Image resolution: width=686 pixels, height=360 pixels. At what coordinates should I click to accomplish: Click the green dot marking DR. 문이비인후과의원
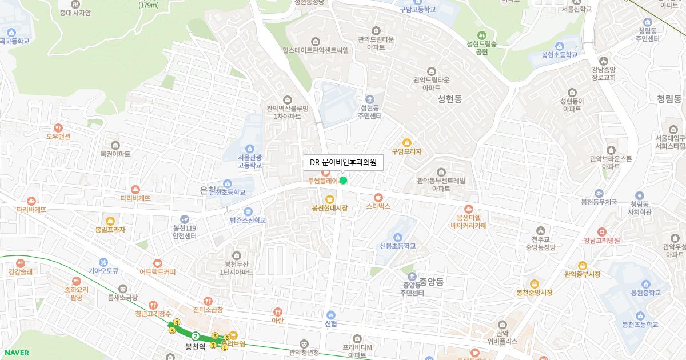343,181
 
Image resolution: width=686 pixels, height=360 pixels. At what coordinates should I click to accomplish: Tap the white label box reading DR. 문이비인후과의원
343,163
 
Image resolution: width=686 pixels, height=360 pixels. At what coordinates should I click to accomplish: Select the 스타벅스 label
378,206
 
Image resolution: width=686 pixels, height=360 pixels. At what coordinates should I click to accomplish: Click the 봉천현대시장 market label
330,208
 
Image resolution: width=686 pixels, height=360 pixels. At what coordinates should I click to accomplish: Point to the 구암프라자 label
406,152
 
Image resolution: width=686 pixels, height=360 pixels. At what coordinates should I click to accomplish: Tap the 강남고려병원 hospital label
601,241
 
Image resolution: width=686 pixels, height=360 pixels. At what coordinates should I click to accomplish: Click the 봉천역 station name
196,347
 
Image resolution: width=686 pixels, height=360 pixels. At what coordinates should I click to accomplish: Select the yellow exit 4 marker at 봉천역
177,322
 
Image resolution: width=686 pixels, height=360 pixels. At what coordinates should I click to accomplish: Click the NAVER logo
15,353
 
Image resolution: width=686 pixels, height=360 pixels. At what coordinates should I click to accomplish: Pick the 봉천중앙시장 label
534,292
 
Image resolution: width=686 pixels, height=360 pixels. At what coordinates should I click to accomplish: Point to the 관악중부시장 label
582,274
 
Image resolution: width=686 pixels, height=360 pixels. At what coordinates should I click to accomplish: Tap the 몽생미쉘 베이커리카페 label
468,221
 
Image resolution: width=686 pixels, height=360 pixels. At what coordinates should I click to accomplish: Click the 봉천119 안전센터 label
185,231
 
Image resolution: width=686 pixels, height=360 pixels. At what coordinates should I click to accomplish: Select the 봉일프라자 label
110,230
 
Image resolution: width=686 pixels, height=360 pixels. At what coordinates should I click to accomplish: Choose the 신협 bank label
330,323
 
